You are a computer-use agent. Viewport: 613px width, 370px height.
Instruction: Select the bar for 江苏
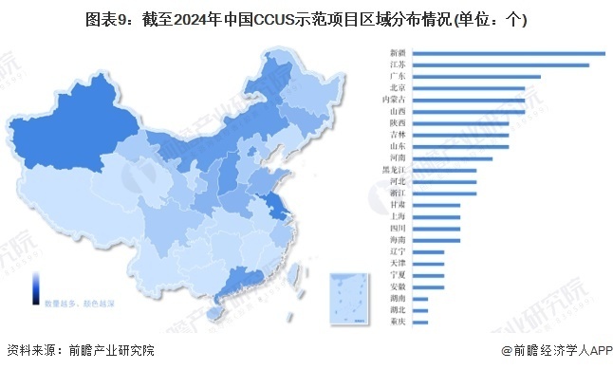point(502,65)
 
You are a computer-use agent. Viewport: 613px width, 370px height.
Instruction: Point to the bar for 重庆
point(420,322)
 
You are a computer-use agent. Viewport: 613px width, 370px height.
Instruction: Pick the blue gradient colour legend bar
point(35,284)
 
